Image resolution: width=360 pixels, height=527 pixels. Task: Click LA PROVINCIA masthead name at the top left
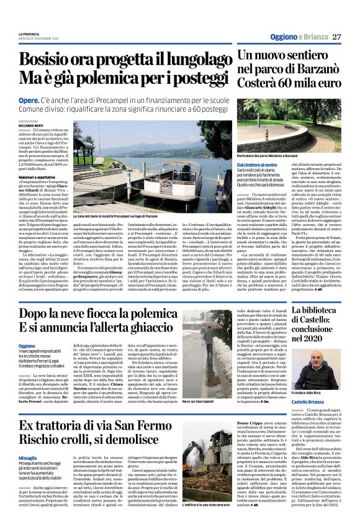[x=30, y=33]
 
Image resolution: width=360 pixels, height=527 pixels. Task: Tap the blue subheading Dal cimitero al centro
[x=256, y=164]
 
